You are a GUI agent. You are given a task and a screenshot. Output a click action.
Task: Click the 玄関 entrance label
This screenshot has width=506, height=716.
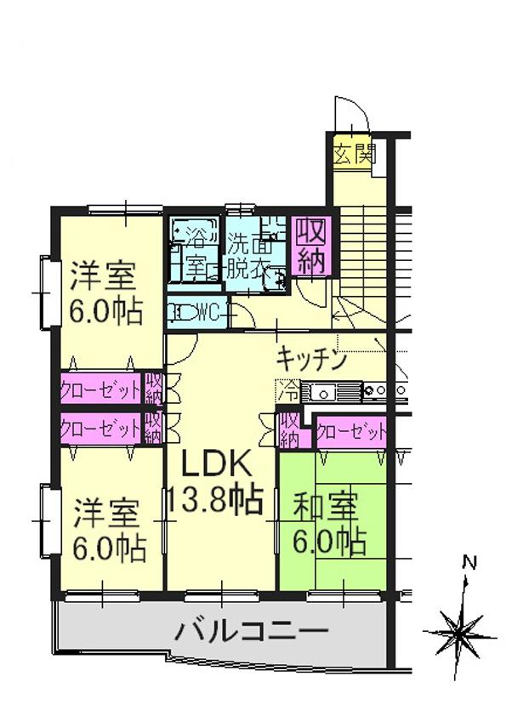(x=353, y=155)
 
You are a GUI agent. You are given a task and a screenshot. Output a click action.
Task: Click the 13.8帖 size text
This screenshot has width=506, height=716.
(x=213, y=499)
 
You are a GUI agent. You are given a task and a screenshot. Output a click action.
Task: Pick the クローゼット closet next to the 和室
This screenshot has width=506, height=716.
(x=351, y=432)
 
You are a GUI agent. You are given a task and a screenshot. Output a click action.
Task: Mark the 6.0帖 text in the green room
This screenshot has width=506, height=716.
(x=330, y=541)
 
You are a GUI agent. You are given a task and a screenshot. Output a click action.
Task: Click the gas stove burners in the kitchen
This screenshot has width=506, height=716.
(x=378, y=392)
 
